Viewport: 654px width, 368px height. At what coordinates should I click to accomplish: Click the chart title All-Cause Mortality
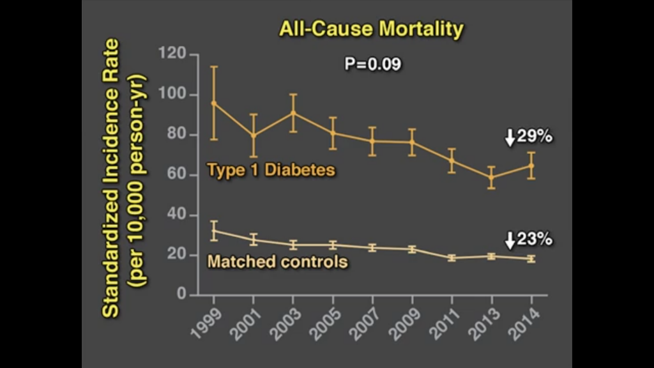(370, 29)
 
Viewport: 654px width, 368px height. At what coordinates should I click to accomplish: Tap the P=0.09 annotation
(373, 64)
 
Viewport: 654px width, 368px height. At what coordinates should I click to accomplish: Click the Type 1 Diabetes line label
(271, 170)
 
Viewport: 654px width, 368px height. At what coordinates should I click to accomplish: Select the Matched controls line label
(278, 261)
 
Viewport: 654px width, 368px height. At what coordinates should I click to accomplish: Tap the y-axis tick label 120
(172, 55)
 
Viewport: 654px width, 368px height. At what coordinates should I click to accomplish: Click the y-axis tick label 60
(176, 175)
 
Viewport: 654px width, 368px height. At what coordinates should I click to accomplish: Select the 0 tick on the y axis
(181, 295)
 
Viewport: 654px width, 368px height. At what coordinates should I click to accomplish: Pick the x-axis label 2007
(365, 322)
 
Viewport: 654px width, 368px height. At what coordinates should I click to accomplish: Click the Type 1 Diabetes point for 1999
(214, 103)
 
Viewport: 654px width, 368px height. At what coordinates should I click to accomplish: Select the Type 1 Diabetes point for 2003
(293, 112)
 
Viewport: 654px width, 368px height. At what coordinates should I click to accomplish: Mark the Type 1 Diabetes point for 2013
(491, 177)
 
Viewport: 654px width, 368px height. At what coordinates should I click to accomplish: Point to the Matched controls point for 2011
(452, 258)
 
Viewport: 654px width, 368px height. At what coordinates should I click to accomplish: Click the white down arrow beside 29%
(510, 137)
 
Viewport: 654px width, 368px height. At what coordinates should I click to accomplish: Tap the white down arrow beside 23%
(510, 240)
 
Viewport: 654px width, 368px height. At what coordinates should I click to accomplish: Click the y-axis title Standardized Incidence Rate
(111, 178)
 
